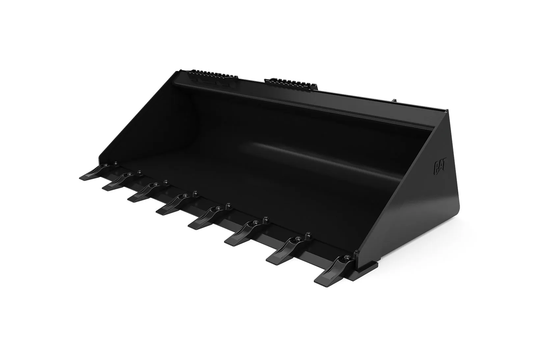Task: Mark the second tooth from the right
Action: (286, 252)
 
